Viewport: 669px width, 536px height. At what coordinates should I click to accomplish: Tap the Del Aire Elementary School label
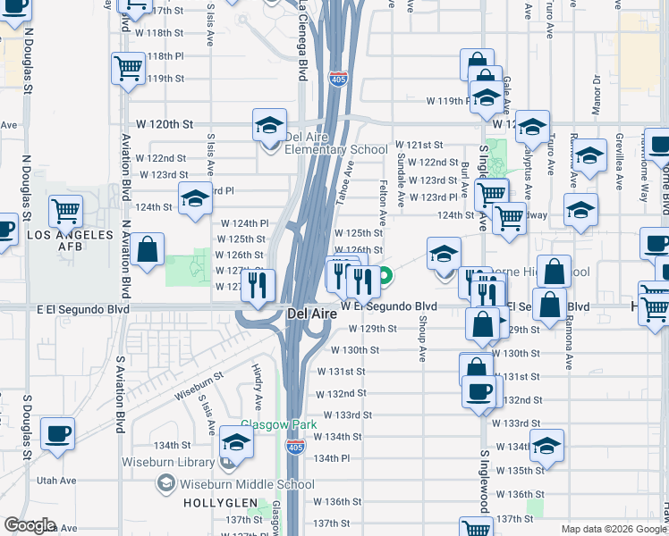(322, 144)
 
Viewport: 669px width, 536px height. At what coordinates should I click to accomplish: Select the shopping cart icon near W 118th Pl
(128, 67)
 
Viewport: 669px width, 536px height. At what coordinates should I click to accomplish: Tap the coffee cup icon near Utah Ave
(58, 433)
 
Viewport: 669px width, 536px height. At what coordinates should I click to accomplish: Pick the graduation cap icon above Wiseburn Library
(237, 441)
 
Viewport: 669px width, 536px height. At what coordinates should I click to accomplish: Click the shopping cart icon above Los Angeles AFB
(66, 212)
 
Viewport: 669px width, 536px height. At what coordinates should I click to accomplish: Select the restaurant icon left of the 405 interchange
(258, 286)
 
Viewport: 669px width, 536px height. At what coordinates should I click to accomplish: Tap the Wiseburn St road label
(198, 389)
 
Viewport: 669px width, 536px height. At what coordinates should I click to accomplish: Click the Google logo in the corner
(30, 525)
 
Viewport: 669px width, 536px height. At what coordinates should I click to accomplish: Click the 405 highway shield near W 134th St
(294, 446)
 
